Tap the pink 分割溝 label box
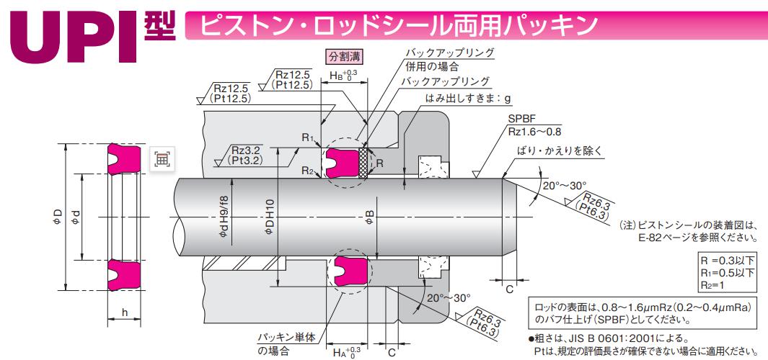coord(345,56)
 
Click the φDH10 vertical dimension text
coord(270,217)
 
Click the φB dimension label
coord(370,216)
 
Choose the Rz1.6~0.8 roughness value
coord(534,132)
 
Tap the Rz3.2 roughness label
coord(247,150)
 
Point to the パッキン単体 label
coord(283,338)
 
